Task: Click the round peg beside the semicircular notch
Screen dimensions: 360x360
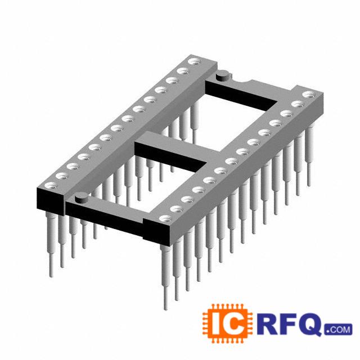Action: pyautogui.click(x=223, y=75)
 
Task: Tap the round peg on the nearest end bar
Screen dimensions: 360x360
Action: pyautogui.click(x=81, y=197)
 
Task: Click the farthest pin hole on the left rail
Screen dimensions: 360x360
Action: pyautogui.click(x=195, y=62)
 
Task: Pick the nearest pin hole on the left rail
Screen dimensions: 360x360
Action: pyautogui.click(x=51, y=186)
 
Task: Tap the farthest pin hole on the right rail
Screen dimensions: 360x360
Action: pyautogui.click(x=309, y=94)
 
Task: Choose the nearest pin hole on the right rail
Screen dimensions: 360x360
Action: pyautogui.click(x=166, y=218)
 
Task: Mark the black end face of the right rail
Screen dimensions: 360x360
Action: pyautogui.click(x=157, y=232)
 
